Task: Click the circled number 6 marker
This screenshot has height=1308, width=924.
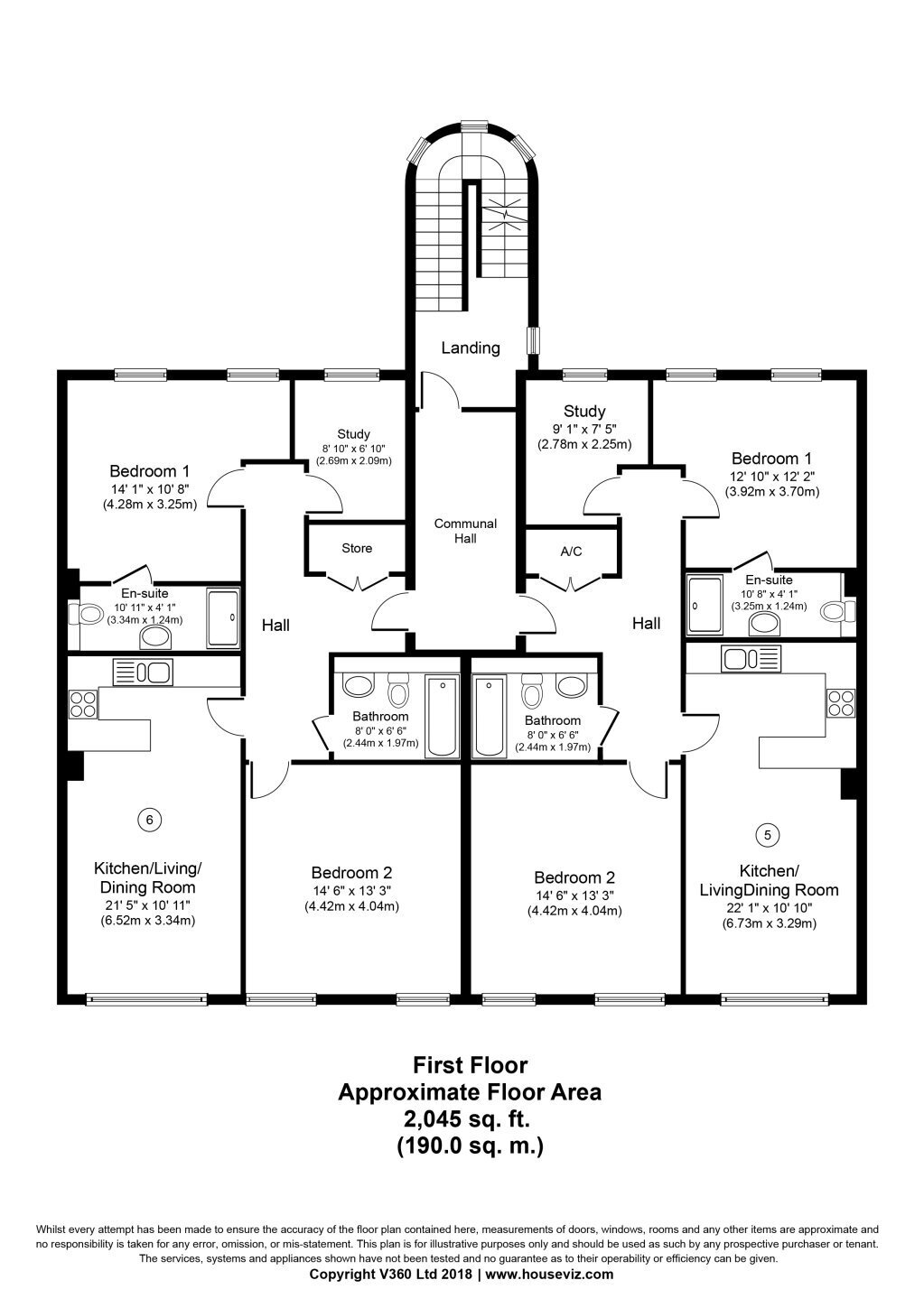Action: coord(150,821)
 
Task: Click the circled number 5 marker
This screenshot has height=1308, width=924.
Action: coord(768,835)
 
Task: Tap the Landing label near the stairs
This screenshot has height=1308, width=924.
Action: coord(471,348)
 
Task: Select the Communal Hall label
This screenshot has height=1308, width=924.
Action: coord(465,531)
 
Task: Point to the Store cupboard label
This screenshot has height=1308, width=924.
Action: coord(357,548)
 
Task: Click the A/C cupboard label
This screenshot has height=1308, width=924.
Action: coord(571,552)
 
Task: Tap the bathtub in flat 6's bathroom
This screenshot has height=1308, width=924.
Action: coord(443,716)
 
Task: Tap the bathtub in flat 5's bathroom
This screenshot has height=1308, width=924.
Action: coord(490,716)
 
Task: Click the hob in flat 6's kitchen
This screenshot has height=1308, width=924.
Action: coord(83,703)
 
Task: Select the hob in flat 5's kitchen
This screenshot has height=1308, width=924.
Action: coord(840,703)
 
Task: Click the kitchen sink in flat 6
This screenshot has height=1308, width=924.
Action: coord(143,673)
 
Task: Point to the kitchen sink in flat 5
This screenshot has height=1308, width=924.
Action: coord(751,659)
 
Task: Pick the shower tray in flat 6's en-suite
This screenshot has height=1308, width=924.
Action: coord(223,618)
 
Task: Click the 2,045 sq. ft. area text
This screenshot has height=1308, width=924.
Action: coord(466,1119)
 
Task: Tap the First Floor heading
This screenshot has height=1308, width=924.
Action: coord(471,1065)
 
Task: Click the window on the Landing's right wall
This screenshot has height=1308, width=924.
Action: coord(532,339)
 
